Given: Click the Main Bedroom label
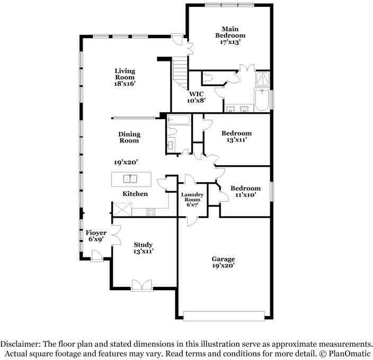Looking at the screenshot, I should pos(230,35).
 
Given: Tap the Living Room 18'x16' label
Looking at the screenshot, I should pos(125,77).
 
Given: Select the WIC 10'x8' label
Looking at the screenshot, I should pos(196,97).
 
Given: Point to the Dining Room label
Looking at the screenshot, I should pos(129,138).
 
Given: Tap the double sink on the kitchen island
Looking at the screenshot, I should pos(130,179).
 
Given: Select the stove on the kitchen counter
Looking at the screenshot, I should pos(150,213).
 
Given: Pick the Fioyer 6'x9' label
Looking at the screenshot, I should pos(96,236).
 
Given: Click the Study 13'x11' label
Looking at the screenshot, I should pos(143,248).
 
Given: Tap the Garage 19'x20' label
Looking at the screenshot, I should pos(223,262).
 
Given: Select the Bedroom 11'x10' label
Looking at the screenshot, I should pos(245,191).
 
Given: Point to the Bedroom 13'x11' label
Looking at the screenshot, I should pos(236,137).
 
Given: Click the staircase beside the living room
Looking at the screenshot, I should pos(180,73).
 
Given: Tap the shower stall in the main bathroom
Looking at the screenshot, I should pos(262,79).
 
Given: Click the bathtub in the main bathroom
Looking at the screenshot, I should pos(262,100).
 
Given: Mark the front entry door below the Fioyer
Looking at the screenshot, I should pos(96,256).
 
